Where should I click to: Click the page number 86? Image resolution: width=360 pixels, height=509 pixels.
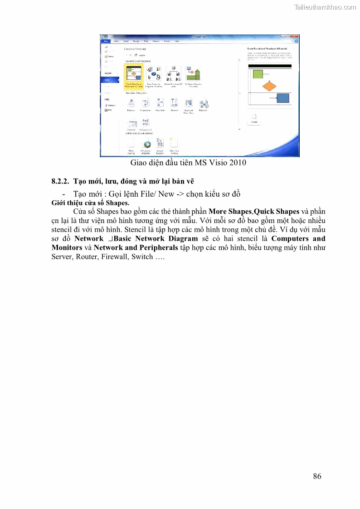tap(317, 476)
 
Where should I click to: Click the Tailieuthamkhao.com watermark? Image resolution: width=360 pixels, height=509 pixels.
tap(325, 7)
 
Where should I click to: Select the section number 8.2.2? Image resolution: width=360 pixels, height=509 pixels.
tap(60, 181)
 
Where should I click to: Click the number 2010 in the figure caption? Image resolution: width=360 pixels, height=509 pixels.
tap(238, 163)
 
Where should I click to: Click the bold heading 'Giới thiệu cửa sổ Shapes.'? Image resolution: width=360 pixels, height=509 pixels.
tap(90, 203)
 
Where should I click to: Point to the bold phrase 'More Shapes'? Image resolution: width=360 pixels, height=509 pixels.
tap(229, 212)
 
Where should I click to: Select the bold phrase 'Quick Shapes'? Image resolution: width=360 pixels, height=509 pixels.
tap(277, 212)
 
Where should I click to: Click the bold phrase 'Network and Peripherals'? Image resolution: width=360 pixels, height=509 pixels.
tap(136, 248)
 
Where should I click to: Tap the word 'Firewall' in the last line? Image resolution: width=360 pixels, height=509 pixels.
tap(113, 257)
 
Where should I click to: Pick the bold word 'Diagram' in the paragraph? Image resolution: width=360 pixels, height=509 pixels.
tap(183, 239)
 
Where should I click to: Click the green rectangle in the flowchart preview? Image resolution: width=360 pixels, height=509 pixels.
tap(258, 74)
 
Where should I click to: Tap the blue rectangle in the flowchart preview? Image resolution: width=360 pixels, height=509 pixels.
tap(283, 97)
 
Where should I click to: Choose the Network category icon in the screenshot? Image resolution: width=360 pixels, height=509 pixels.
tap(203, 105)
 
